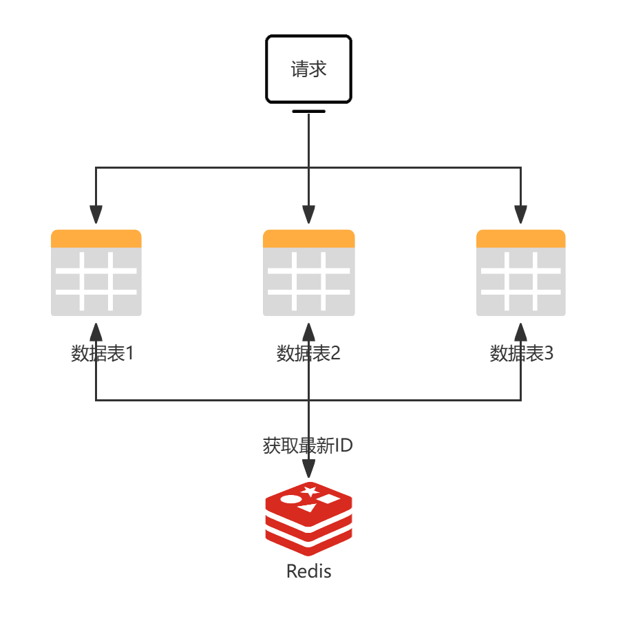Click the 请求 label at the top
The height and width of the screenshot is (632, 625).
[x=308, y=70]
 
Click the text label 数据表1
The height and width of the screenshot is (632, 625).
[x=102, y=354]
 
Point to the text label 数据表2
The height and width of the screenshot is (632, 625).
[x=308, y=354]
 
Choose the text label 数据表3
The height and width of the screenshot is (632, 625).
[x=521, y=354]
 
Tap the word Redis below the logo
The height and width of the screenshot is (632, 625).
[x=308, y=571]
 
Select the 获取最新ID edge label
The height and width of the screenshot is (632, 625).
[x=308, y=445]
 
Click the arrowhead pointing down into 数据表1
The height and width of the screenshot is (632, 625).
[x=96, y=215]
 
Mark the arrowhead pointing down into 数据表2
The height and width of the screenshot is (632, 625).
[x=308, y=215]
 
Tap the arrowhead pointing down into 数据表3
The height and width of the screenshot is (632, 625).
[x=520, y=215]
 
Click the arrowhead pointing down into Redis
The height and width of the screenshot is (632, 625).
[x=308, y=469]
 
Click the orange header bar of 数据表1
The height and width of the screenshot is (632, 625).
[x=96, y=238]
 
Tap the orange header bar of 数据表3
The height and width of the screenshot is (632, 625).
[x=521, y=238]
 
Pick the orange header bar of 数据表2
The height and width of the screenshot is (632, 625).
[x=309, y=238]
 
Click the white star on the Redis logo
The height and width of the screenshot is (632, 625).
[x=310, y=490]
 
